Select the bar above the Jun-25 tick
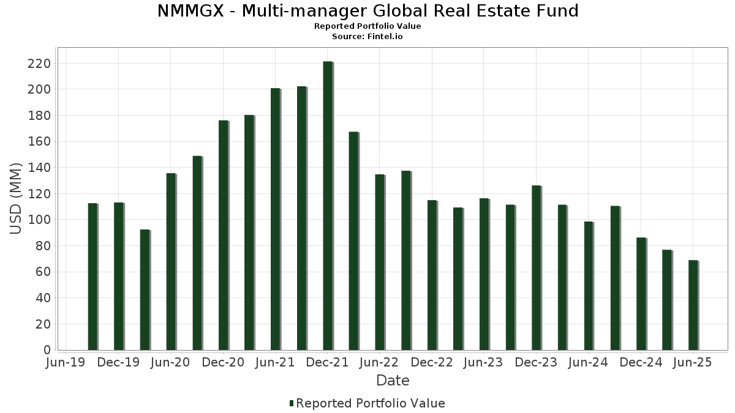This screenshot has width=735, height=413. [x=693, y=305]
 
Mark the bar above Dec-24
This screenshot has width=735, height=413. [x=641, y=294]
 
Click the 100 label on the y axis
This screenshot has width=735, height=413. [x=42, y=220]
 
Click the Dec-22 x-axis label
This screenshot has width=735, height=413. [x=432, y=363]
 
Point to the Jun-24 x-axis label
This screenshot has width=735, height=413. [x=588, y=363]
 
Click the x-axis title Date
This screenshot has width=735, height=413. [x=393, y=381]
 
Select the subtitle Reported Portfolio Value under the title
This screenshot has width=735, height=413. [x=367, y=26]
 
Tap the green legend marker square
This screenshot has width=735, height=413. [x=292, y=403]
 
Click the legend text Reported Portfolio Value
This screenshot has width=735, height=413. [x=371, y=403]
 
